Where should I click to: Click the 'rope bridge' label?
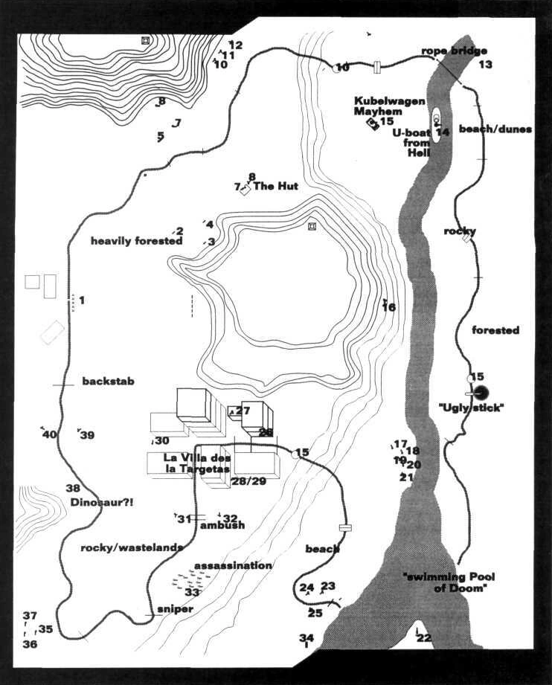(x=454, y=51)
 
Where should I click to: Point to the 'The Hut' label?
(x=276, y=186)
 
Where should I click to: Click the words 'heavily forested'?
(x=136, y=241)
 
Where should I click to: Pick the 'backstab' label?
(x=108, y=382)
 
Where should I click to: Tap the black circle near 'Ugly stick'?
(x=481, y=393)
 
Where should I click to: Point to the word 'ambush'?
(x=222, y=525)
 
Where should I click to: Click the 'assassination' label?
(x=233, y=565)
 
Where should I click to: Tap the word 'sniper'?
(x=176, y=609)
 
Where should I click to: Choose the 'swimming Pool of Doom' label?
(x=448, y=582)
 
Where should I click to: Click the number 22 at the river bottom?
(x=424, y=638)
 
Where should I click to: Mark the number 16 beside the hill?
(x=389, y=306)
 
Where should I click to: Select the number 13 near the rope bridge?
(x=485, y=65)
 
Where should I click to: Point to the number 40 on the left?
(x=49, y=435)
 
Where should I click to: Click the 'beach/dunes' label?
(x=495, y=129)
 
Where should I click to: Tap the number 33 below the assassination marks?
(x=192, y=592)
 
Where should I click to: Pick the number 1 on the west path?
(x=81, y=300)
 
